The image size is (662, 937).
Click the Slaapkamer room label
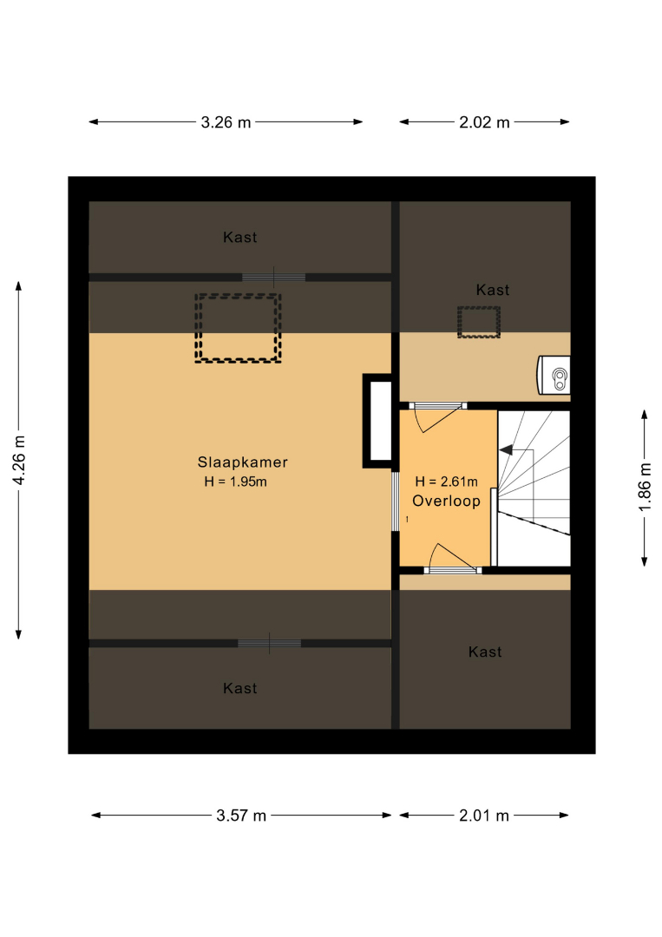[243, 462]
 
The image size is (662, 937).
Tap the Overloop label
[446, 501]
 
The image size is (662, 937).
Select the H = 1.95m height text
[235, 482]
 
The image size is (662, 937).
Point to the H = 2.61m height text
[446, 481]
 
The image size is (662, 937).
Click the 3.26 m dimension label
[226, 122]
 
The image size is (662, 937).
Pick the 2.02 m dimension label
[484, 122]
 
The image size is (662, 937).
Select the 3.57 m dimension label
[241, 816]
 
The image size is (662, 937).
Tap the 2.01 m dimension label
[484, 816]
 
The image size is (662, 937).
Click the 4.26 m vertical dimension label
[19, 460]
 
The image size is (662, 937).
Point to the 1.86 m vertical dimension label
[645, 487]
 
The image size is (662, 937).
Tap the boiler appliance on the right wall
[554, 376]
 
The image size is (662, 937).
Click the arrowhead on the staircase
[506, 450]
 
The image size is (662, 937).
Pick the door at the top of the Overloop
[437, 416]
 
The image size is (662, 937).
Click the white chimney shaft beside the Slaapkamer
[381, 421]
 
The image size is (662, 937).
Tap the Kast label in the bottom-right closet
[484, 652]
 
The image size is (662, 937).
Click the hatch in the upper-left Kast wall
[273, 278]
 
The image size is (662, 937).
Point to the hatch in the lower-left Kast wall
[270, 644]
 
